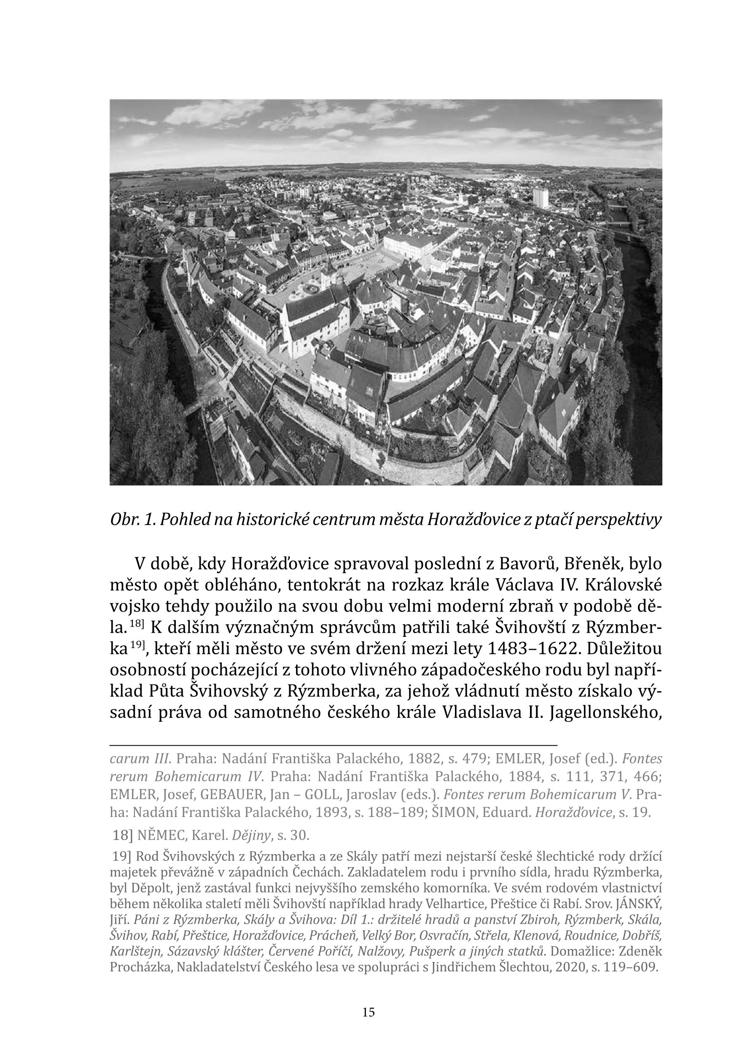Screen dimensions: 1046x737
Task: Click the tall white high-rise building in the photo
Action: pos(541,198)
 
